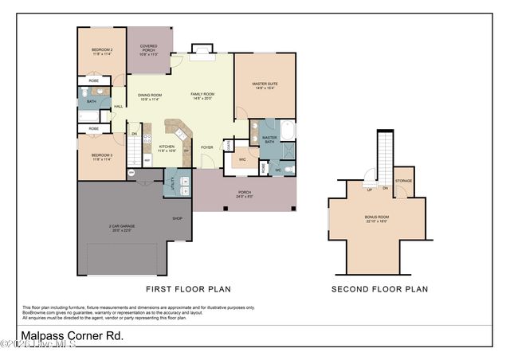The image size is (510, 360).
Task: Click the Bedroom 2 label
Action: [x=101, y=53]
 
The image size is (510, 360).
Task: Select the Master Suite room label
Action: [x=264, y=85]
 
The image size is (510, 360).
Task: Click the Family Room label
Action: [x=202, y=96]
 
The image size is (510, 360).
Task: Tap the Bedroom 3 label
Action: [x=101, y=157]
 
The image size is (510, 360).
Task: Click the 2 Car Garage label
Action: [x=122, y=228]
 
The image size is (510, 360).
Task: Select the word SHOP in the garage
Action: [x=178, y=217]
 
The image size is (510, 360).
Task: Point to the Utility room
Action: [x=175, y=186]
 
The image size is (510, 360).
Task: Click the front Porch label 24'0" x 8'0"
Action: [x=245, y=194]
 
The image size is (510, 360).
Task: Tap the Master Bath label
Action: [x=269, y=139]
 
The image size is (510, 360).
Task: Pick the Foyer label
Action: [x=206, y=147]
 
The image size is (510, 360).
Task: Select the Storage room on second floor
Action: [x=403, y=182]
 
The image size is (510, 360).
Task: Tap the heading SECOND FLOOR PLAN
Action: [x=379, y=289]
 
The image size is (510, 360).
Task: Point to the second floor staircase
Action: [x=386, y=155]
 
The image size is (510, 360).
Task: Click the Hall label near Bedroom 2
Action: [x=118, y=106]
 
